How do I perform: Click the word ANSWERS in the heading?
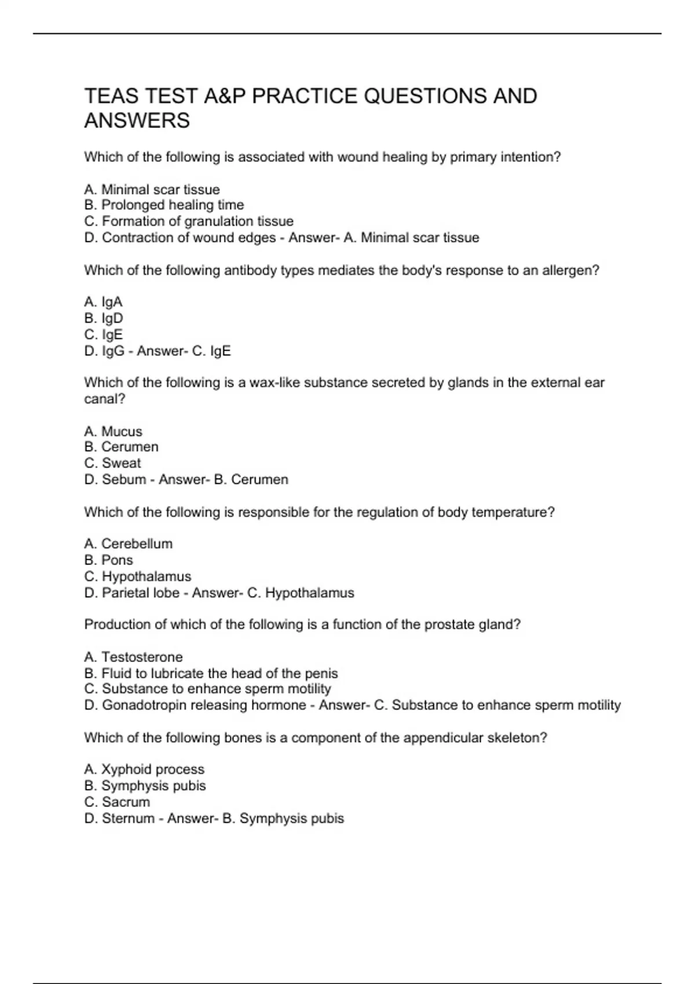click(137, 121)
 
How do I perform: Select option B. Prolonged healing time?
click(164, 205)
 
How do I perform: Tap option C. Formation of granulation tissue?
click(189, 221)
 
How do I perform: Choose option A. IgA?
click(103, 302)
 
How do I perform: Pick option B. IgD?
click(104, 318)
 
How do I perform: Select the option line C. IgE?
click(104, 335)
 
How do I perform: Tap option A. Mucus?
click(113, 431)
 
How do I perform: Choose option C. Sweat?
click(112, 463)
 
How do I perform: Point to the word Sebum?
click(124, 479)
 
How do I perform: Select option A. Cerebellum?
click(128, 544)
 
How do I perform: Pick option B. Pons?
click(108, 560)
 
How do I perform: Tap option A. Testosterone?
click(133, 657)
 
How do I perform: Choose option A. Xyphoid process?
click(144, 769)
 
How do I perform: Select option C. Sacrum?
click(117, 802)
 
